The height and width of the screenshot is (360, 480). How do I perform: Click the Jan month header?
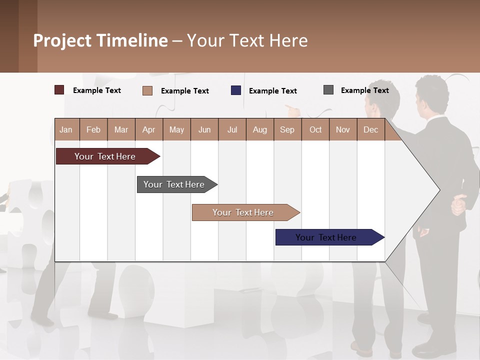tap(66, 129)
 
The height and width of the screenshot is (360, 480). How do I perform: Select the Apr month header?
tap(149, 129)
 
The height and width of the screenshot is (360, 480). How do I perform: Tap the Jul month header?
tap(232, 129)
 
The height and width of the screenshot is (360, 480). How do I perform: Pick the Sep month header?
tap(287, 129)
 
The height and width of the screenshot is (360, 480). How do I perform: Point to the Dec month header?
tap(370, 129)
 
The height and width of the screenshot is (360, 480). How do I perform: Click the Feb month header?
tap(93, 129)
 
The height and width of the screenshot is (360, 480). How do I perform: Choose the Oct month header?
tap(315, 129)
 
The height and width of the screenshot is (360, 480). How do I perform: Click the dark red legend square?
tap(59, 90)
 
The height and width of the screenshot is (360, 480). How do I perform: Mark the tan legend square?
tap(147, 90)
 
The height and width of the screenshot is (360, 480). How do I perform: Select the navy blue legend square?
tap(236, 90)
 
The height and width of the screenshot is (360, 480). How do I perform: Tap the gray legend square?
tap(328, 90)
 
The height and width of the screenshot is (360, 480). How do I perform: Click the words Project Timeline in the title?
tap(100, 40)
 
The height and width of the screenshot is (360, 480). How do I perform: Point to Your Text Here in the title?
tap(247, 40)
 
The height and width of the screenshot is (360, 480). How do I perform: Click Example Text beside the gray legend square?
tap(364, 90)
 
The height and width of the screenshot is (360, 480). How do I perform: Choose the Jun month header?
tap(204, 129)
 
